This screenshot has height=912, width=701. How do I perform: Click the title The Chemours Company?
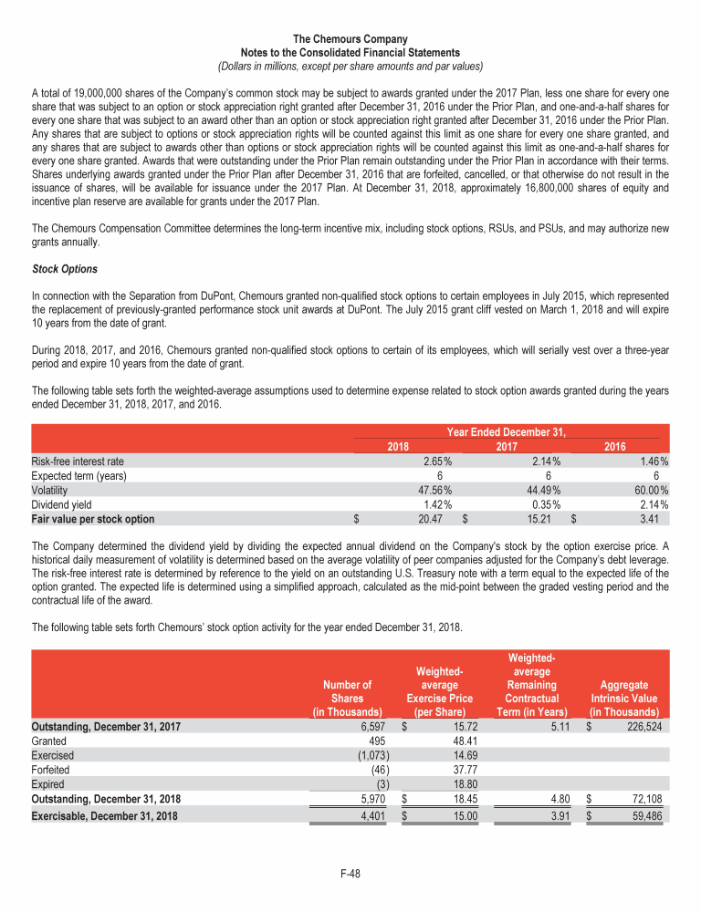coord(350,39)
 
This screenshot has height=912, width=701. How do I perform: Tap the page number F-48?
coord(350,873)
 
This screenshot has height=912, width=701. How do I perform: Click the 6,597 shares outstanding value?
coord(368,727)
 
